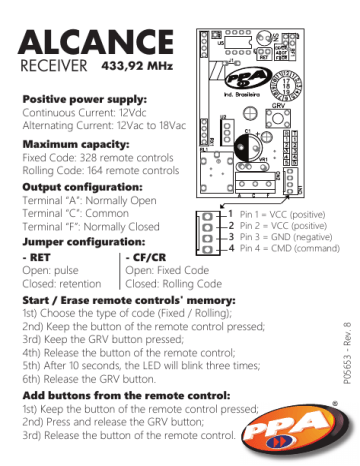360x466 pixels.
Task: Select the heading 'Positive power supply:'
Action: click(x=84, y=101)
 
